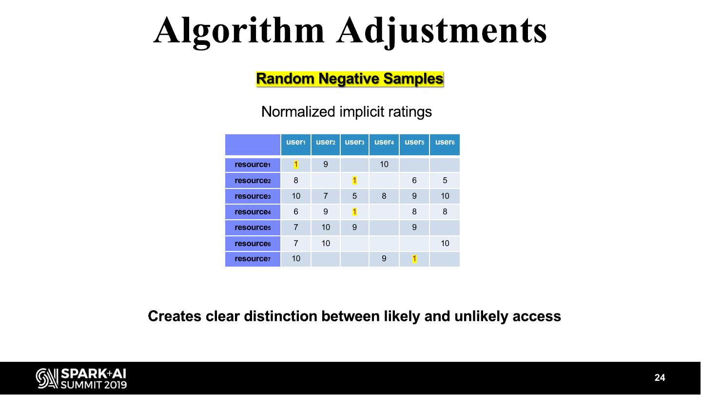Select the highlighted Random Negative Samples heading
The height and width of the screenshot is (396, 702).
350,79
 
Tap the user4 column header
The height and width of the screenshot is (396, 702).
384,143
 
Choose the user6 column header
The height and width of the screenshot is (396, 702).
445,143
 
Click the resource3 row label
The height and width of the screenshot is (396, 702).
253,196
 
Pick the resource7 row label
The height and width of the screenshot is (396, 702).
253,259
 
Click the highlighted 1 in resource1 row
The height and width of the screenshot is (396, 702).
296,165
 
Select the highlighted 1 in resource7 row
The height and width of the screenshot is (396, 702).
414,259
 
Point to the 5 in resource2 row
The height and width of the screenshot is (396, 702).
445,181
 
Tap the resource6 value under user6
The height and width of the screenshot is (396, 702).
445,243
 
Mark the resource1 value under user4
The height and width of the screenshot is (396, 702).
384,165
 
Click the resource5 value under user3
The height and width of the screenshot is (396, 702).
354,228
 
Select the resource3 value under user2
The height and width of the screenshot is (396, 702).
326,196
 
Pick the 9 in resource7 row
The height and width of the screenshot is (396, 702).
384,259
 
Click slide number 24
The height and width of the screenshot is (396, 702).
660,378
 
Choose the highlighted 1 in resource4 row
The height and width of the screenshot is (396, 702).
354,212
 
